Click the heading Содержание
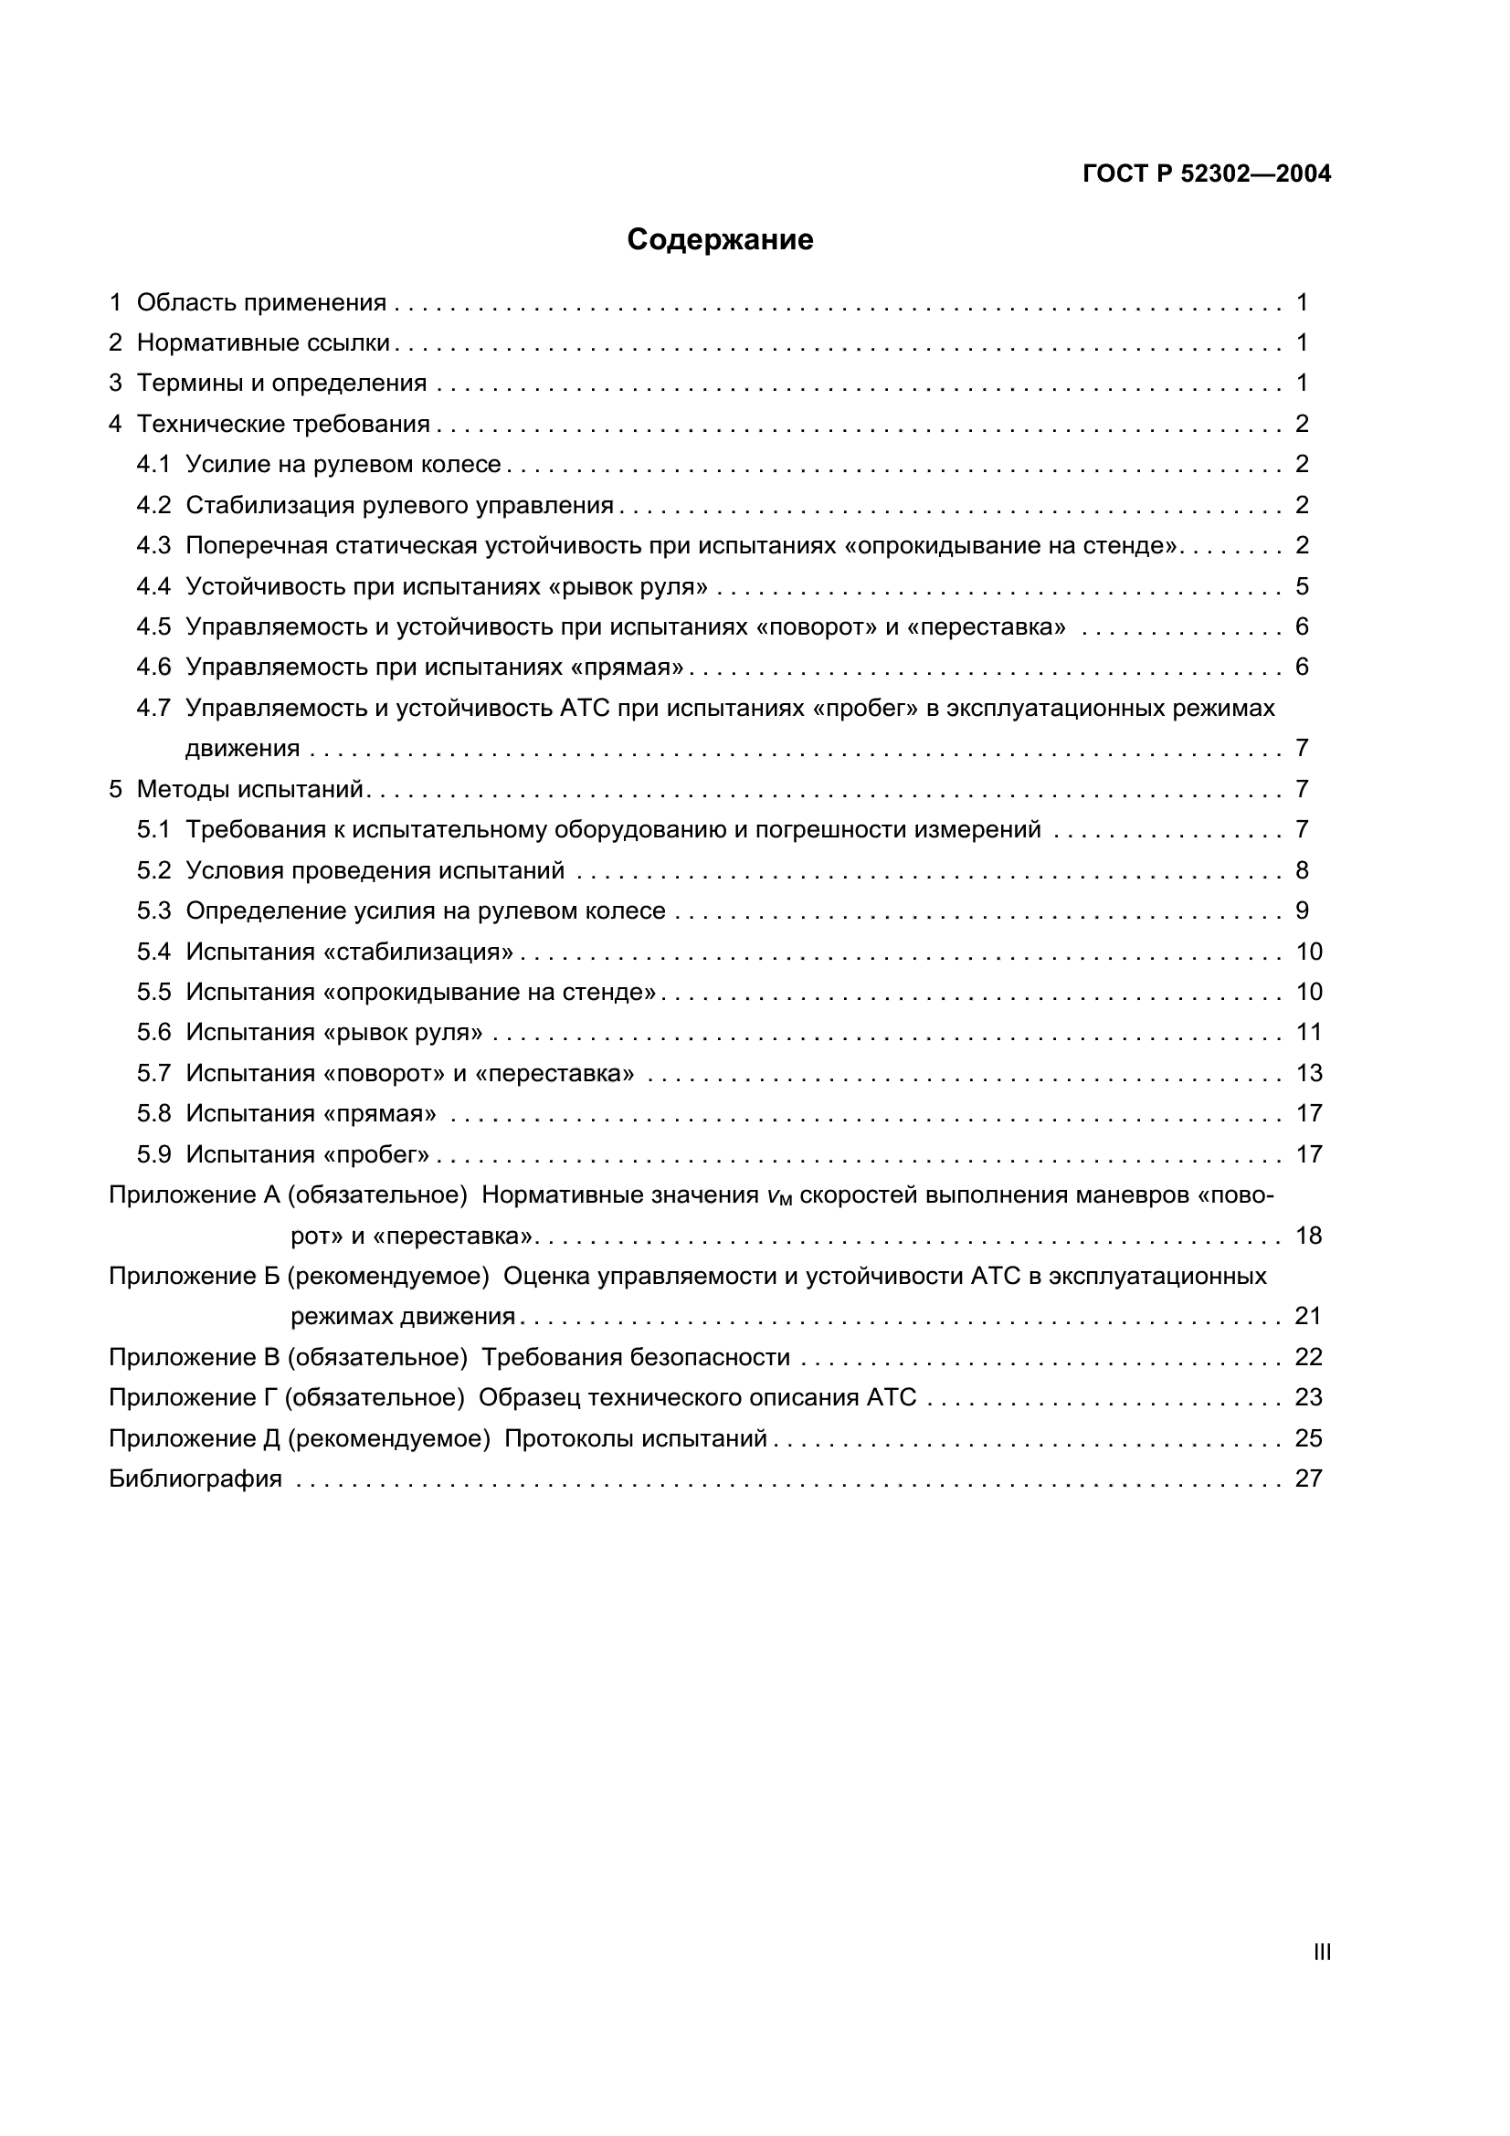pos(719,240)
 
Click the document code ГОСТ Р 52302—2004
pos(1206,174)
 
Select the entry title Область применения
pos(261,302)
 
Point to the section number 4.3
pos(153,545)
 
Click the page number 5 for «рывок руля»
pos(1302,586)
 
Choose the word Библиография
pos(195,1478)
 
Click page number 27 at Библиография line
pos(1307,1478)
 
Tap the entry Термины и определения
pos(282,383)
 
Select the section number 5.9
pos(153,1154)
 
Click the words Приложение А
pos(195,1194)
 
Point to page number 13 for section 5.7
pos(1308,1073)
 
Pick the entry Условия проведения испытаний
pos(375,870)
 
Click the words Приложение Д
pos(195,1438)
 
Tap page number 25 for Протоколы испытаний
pos(1307,1438)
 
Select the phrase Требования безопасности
pos(636,1357)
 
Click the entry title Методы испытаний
pos(250,789)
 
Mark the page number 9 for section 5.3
pos(1302,910)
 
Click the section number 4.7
pos(153,708)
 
